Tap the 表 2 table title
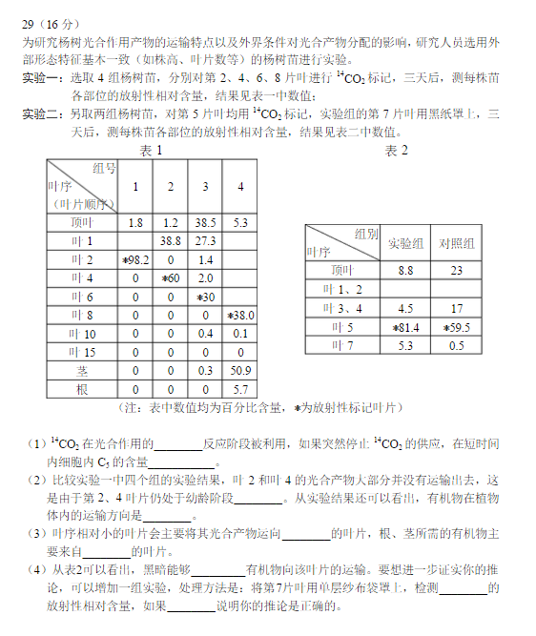click(396, 151)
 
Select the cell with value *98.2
click(135, 259)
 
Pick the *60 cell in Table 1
click(171, 277)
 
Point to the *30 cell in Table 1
click(205, 297)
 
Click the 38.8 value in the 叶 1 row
click(171, 241)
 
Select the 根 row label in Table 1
click(83, 389)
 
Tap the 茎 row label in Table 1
click(83, 370)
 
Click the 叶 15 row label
click(83, 352)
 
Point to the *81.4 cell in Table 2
click(405, 327)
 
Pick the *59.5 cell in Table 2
click(457, 327)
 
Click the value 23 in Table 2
click(457, 270)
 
